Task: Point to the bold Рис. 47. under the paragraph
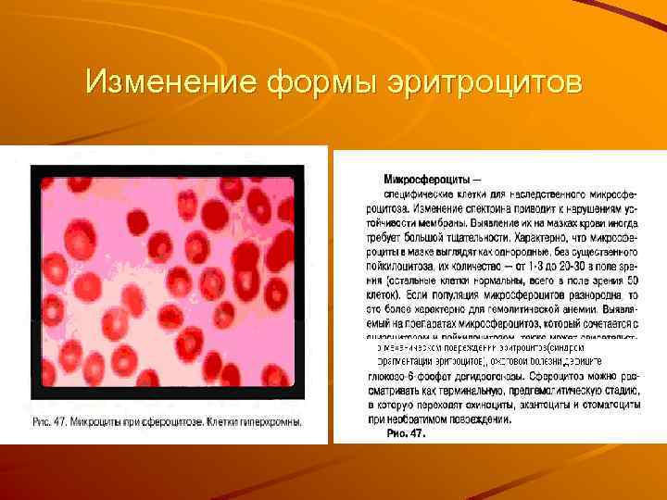pos(406,432)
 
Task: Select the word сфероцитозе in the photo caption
pos(175,424)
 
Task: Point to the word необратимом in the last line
pos(417,419)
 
